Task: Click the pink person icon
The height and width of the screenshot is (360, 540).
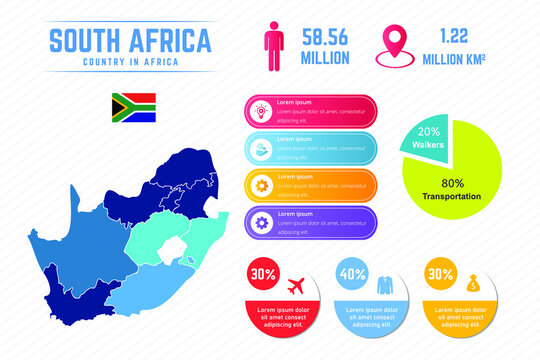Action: pyautogui.click(x=272, y=44)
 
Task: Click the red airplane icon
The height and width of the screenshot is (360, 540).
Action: pyautogui.click(x=295, y=284)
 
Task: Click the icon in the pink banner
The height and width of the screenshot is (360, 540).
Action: pyautogui.click(x=260, y=111)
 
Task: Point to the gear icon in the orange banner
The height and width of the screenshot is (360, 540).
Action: pyautogui.click(x=260, y=185)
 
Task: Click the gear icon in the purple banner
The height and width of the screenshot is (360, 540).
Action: pyautogui.click(x=260, y=222)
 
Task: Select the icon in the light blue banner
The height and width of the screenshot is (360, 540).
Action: pyautogui.click(x=260, y=148)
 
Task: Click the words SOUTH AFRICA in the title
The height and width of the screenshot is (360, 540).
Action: pyautogui.click(x=130, y=41)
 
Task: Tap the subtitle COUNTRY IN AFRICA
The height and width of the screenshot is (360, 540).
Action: pyautogui.click(x=130, y=62)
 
